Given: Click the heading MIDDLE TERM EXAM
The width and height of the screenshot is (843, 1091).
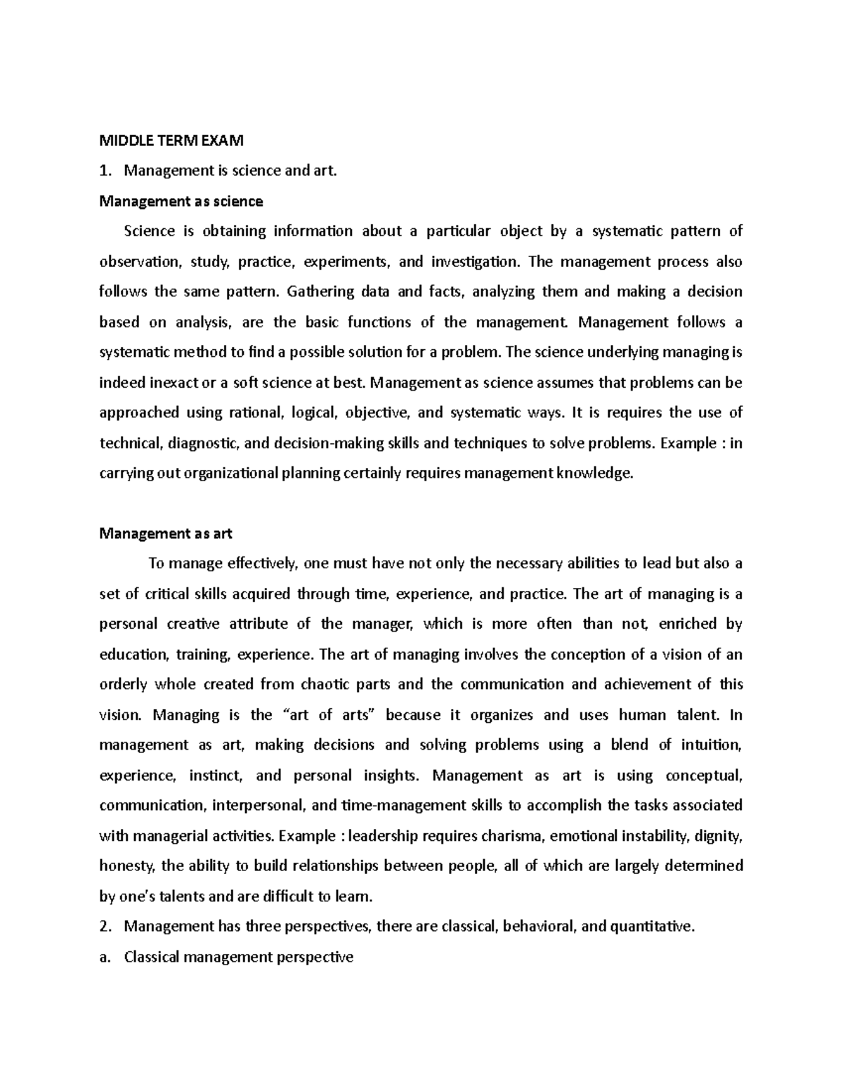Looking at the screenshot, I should [x=171, y=141].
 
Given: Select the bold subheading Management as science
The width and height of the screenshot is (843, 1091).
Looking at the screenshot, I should [x=181, y=202].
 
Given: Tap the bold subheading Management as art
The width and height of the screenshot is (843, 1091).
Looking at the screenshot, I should [x=166, y=533].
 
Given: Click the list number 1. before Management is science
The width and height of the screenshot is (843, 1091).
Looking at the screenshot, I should [x=106, y=171].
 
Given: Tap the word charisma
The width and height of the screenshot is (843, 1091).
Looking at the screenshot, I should [x=511, y=836].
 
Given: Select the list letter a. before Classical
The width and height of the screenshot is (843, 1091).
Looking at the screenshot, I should [x=106, y=957].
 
